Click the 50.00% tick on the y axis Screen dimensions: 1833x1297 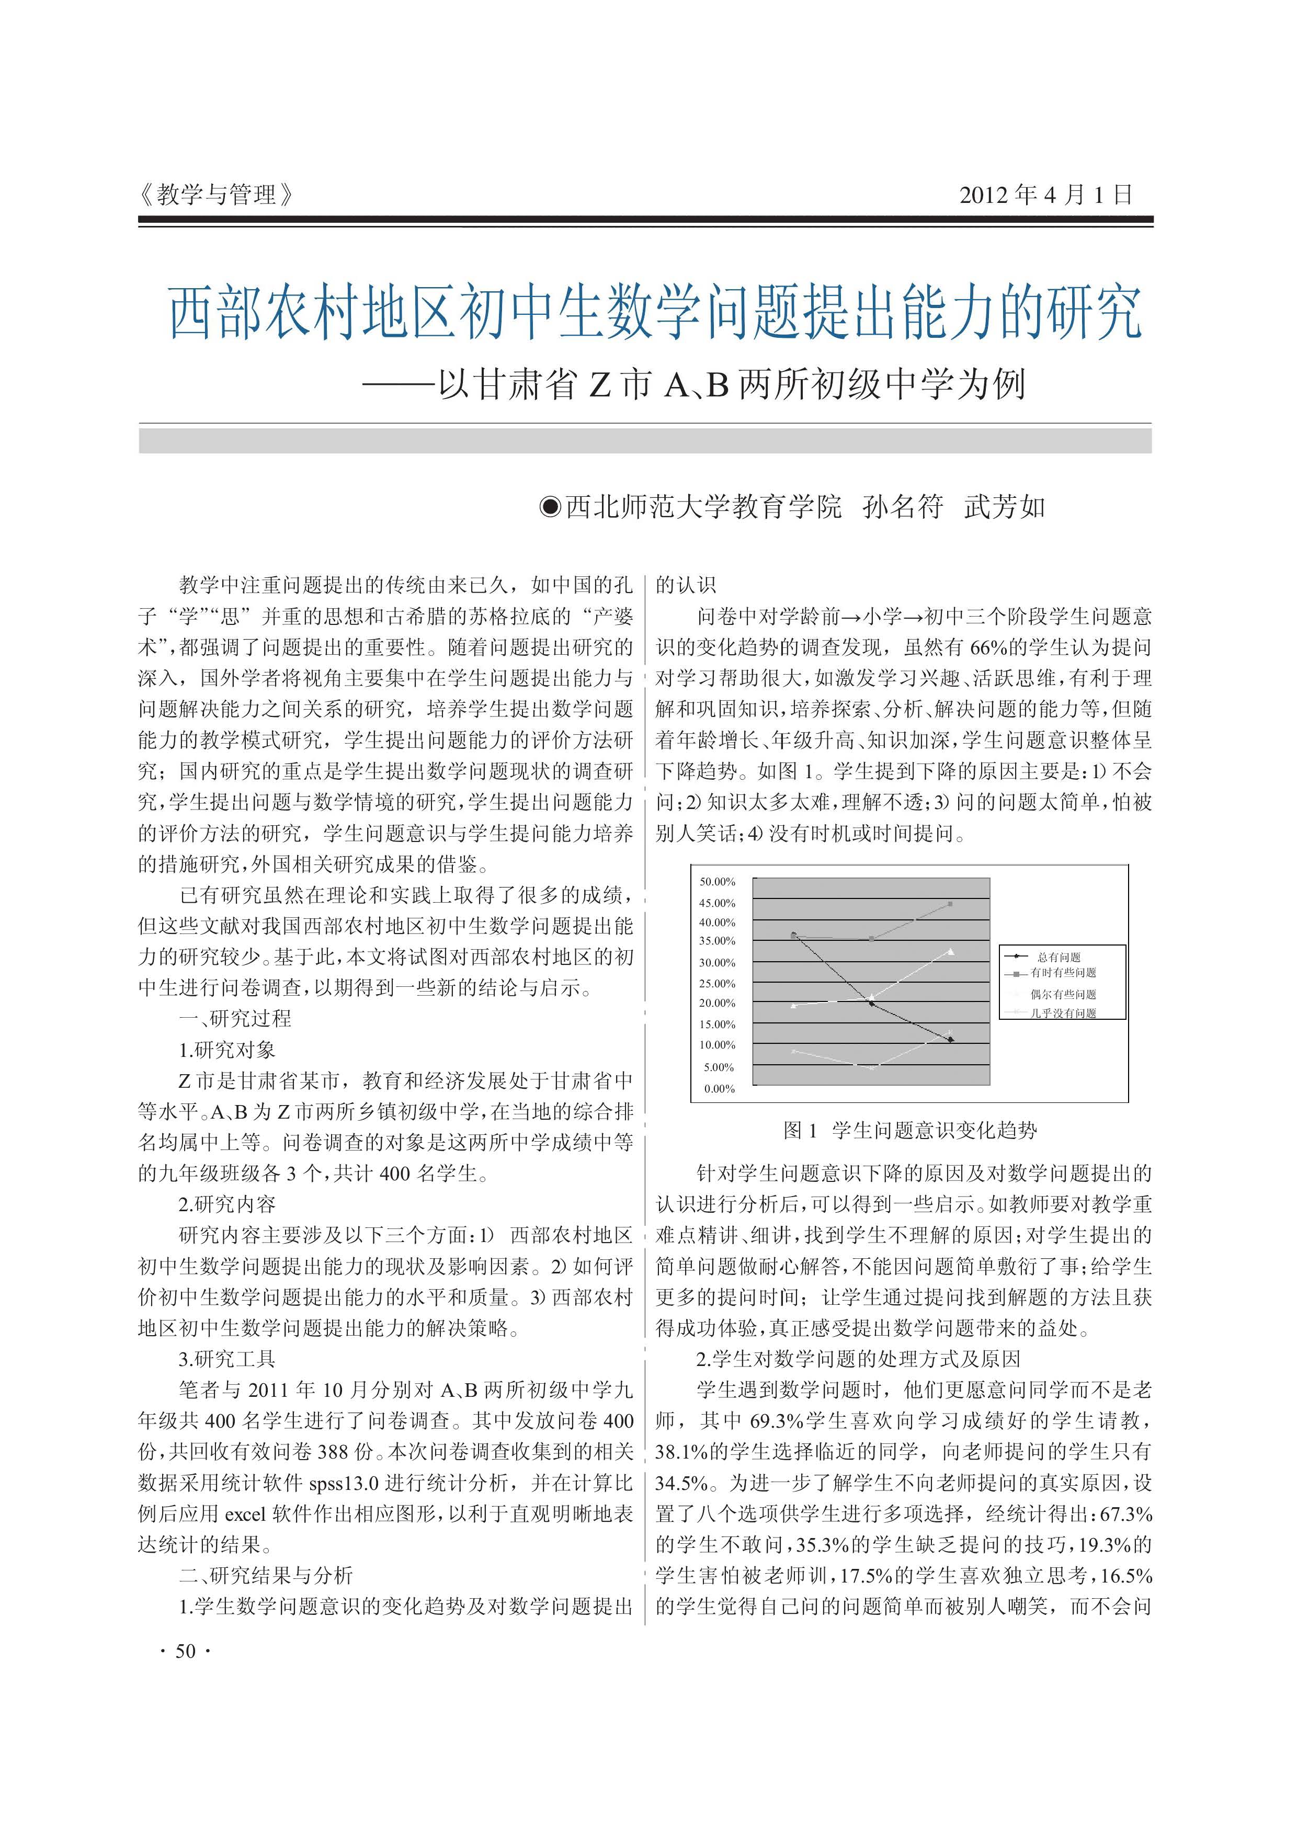tap(717, 882)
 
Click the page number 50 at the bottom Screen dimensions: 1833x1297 tap(185, 1652)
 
